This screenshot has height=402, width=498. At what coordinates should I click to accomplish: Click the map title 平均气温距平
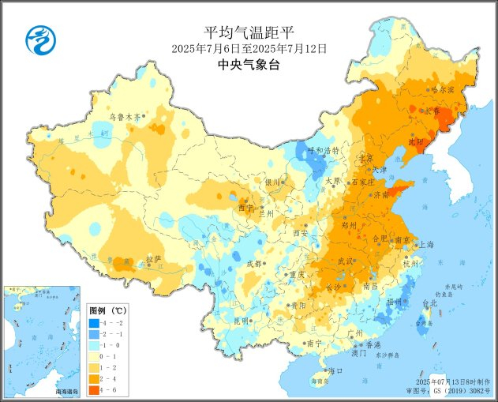pos(249,32)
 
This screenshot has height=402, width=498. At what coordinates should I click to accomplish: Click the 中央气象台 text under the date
pos(249,65)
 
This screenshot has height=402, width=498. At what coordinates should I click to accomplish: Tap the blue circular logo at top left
pos(37,36)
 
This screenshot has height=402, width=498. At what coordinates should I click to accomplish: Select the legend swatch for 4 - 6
pos(93,389)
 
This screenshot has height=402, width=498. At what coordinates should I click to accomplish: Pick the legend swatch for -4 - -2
pos(93,323)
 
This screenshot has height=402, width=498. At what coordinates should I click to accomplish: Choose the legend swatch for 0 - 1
pos(93,356)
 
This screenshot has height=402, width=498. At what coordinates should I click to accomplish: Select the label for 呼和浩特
pos(323,150)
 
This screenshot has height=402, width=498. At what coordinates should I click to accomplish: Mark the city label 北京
pos(365,158)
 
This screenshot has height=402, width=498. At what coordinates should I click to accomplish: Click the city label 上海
pos(427,244)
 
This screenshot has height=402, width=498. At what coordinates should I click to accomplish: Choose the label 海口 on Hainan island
pos(335,370)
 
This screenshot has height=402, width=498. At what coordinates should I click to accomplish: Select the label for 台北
pos(429,303)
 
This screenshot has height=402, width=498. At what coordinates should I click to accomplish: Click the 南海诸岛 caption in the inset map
pos(66,391)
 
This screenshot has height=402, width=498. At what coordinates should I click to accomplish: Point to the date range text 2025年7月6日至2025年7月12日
pos(249,48)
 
